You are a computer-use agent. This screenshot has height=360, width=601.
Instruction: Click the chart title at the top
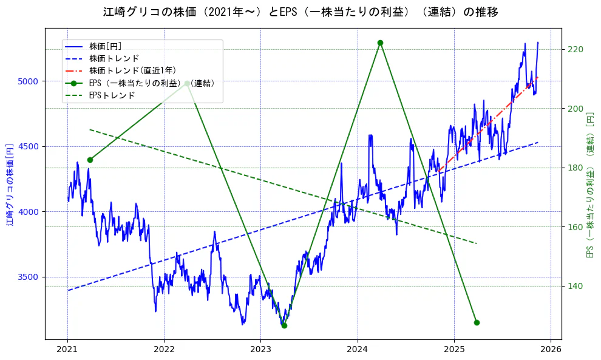pyautogui.click(x=300, y=12)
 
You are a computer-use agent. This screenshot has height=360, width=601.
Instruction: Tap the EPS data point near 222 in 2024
pyautogui.click(x=380, y=42)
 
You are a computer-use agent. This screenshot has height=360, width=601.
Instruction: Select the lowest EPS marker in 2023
pyautogui.click(x=284, y=325)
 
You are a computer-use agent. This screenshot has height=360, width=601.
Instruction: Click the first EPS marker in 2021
pyautogui.click(x=90, y=160)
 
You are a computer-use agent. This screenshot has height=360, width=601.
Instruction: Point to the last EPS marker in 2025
pyautogui.click(x=477, y=322)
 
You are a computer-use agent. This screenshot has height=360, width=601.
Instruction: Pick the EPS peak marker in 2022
pyautogui.click(x=187, y=83)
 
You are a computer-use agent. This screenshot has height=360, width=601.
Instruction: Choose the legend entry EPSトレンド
pyautogui.click(x=112, y=95)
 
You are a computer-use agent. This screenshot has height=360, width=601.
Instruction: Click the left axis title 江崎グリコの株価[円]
pyautogui.click(x=9, y=185)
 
